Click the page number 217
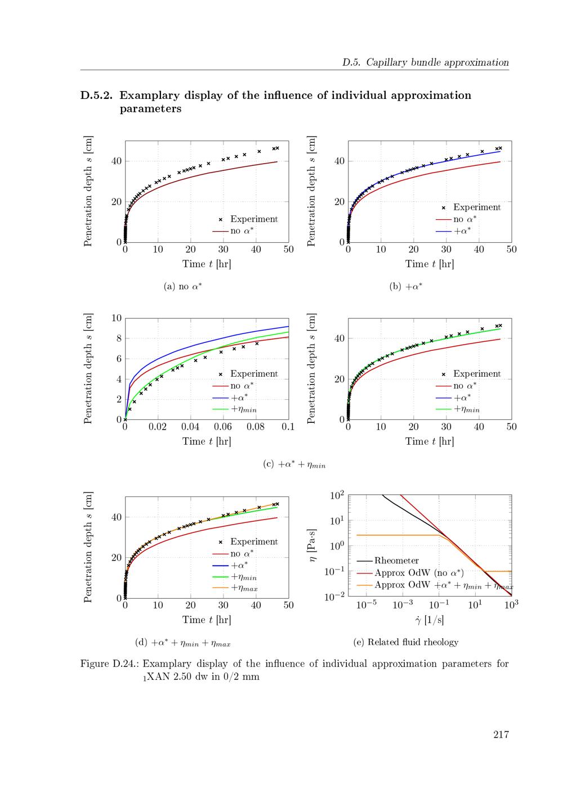point(501,734)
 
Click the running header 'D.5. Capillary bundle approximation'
point(425,62)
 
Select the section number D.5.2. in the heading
point(96,95)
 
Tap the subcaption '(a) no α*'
point(182,287)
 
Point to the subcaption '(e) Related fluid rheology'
point(405,642)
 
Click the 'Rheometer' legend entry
point(396,561)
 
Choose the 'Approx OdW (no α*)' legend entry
point(419,573)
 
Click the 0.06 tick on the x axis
point(223,427)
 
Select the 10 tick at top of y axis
point(117,318)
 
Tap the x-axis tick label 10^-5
point(366,606)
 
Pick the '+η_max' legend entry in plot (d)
point(244,588)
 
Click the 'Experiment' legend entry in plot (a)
point(253,219)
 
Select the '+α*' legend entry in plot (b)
point(462,231)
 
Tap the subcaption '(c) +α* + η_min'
point(294,465)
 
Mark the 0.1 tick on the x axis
point(288,427)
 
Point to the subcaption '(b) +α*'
point(406,287)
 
